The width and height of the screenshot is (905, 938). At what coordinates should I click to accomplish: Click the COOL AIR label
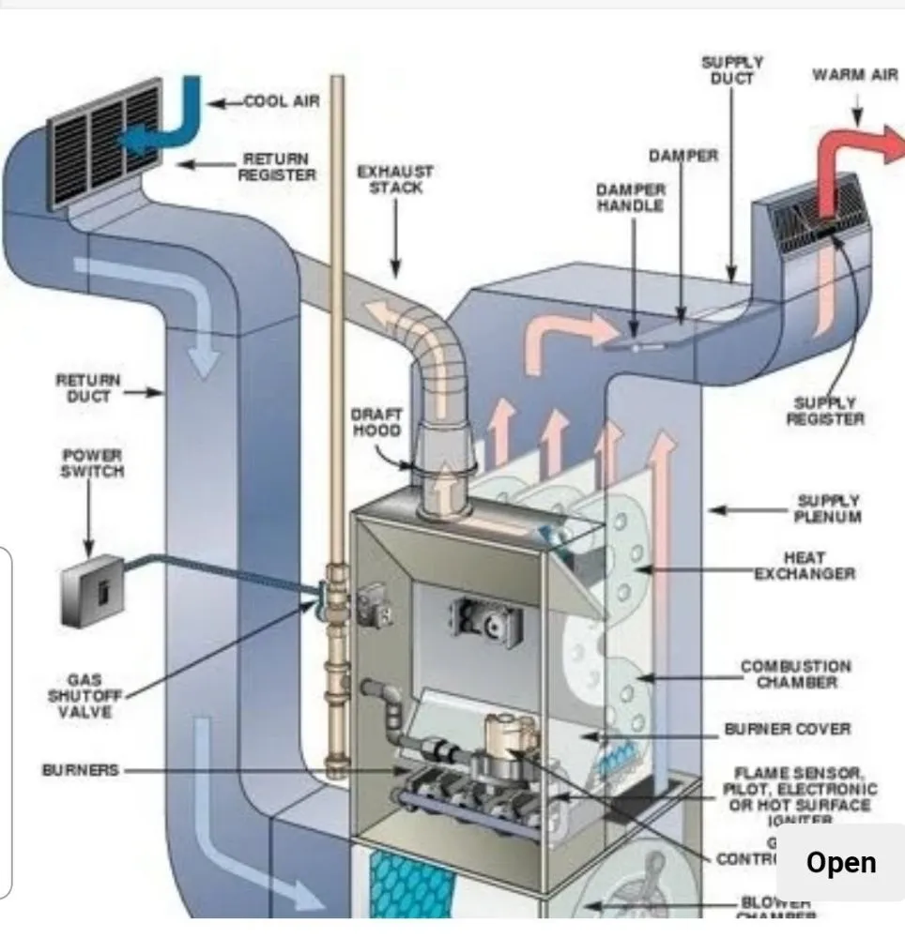282,101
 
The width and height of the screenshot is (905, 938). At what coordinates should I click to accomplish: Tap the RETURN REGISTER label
277,167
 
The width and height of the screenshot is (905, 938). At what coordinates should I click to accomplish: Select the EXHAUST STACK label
394,179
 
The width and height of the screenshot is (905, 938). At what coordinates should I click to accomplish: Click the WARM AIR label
854,75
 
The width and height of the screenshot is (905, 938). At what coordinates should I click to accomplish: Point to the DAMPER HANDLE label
630,197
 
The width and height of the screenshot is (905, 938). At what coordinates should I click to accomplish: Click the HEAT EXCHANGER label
805,566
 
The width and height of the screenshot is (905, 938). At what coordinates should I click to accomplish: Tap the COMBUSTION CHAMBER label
796,674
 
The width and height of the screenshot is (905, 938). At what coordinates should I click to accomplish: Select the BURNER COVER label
787,729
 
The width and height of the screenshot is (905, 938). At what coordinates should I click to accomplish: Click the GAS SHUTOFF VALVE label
80,696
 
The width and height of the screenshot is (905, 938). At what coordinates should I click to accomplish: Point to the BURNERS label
80,770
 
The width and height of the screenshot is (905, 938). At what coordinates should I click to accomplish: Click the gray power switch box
93,590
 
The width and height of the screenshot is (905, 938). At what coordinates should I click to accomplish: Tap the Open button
840,862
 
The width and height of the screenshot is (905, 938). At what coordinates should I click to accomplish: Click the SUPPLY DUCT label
731,70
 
